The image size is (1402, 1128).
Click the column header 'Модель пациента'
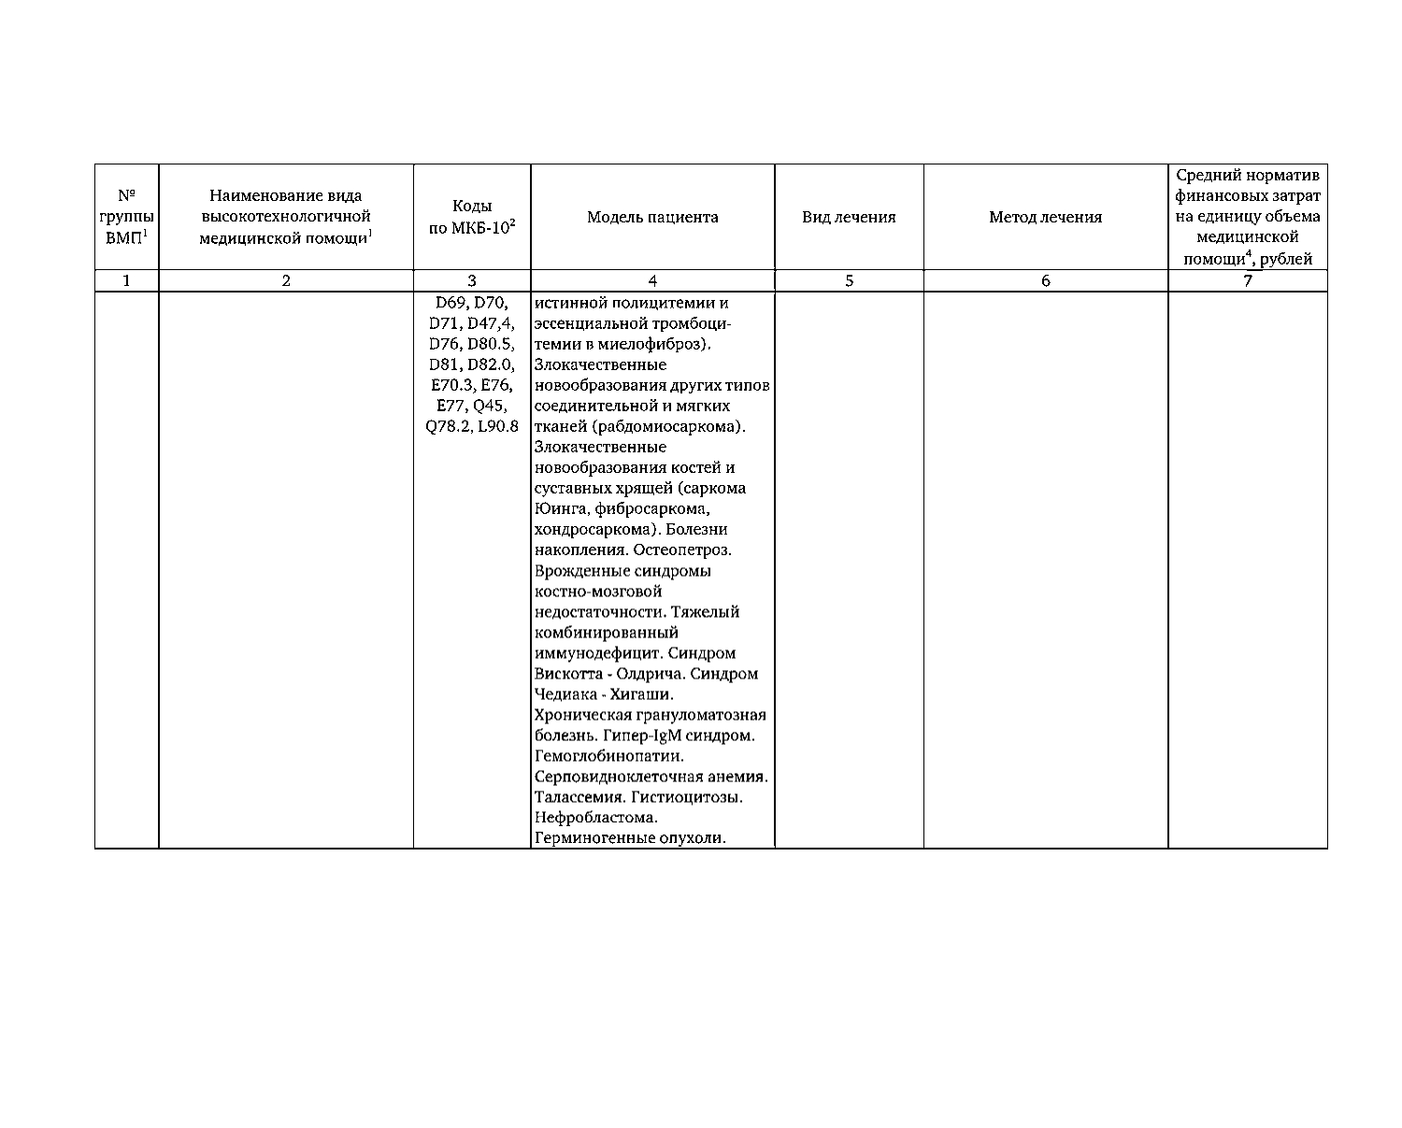click(652, 218)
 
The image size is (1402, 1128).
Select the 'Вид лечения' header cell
click(849, 218)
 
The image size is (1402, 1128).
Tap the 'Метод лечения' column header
click(1045, 218)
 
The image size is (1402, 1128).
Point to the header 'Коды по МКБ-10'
click(472, 218)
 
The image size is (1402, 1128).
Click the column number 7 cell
click(1247, 280)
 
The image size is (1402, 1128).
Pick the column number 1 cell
click(126, 280)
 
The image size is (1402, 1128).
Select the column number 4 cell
click(652, 280)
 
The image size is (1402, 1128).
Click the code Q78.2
click(446, 427)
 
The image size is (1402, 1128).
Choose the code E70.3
click(451, 386)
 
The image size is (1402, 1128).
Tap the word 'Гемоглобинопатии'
click(608, 756)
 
